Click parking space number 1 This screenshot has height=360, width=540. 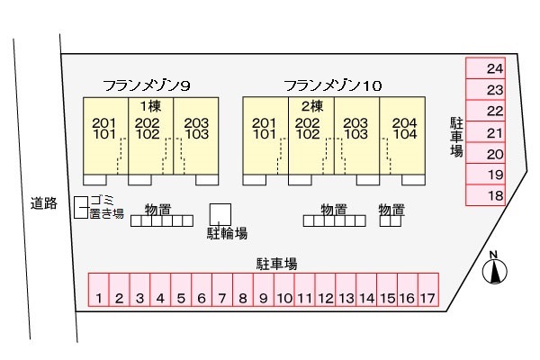99,290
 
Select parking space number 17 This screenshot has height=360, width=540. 428,290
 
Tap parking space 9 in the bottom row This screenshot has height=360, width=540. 264,290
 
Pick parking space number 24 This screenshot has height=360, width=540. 486,68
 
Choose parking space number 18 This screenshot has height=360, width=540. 486,195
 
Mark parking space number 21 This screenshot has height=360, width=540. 486,132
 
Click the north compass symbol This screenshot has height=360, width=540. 494,268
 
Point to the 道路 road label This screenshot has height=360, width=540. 44,203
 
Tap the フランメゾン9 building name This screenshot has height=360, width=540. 147,85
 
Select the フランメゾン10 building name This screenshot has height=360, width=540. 333,85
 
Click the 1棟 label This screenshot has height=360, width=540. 151,106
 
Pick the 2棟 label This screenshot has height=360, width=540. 312,106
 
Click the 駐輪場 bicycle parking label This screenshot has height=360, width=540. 227,233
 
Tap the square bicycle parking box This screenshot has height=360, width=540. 220,214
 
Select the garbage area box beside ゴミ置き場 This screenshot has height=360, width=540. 81,207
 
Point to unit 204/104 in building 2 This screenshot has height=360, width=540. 402,136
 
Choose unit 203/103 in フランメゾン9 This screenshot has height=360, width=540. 196,136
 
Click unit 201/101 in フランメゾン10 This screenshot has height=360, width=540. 265,136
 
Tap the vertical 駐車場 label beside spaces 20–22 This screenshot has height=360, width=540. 456,137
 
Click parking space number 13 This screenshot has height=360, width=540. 346,290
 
